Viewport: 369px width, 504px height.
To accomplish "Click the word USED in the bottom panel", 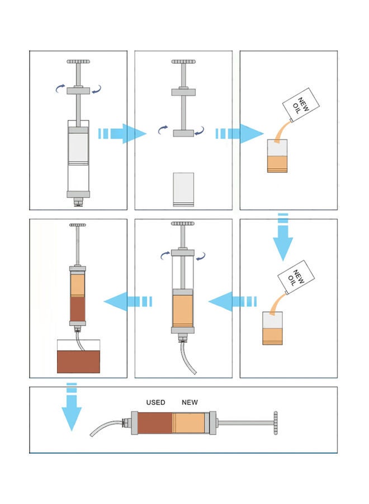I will [155, 403].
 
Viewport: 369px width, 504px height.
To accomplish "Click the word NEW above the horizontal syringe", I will [190, 403].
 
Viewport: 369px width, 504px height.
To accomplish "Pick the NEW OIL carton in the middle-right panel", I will [297, 277].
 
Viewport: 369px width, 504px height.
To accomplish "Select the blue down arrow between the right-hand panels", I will [283, 237].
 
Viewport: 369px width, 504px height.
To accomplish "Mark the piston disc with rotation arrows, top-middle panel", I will [183, 133].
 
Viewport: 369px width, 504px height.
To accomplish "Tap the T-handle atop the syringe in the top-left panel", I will [78, 62].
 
